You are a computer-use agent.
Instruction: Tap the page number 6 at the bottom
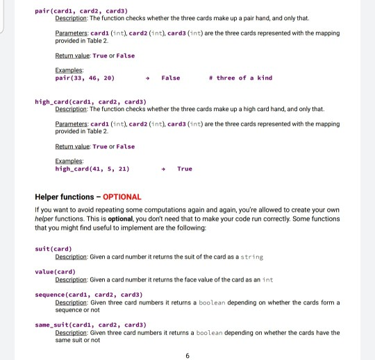pos(187,356)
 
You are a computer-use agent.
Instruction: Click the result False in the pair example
pos(170,78)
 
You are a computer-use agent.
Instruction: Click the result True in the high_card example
pos(185,169)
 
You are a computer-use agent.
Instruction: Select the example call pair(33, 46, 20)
pos(85,78)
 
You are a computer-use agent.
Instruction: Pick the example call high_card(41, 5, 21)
pos(92,169)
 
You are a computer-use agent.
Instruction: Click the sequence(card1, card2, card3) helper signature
pos(81,295)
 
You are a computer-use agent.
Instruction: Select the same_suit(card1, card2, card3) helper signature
pos(81,325)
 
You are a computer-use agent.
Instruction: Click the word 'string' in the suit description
pos(251,256)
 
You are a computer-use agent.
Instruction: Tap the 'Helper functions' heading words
pos(65,196)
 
